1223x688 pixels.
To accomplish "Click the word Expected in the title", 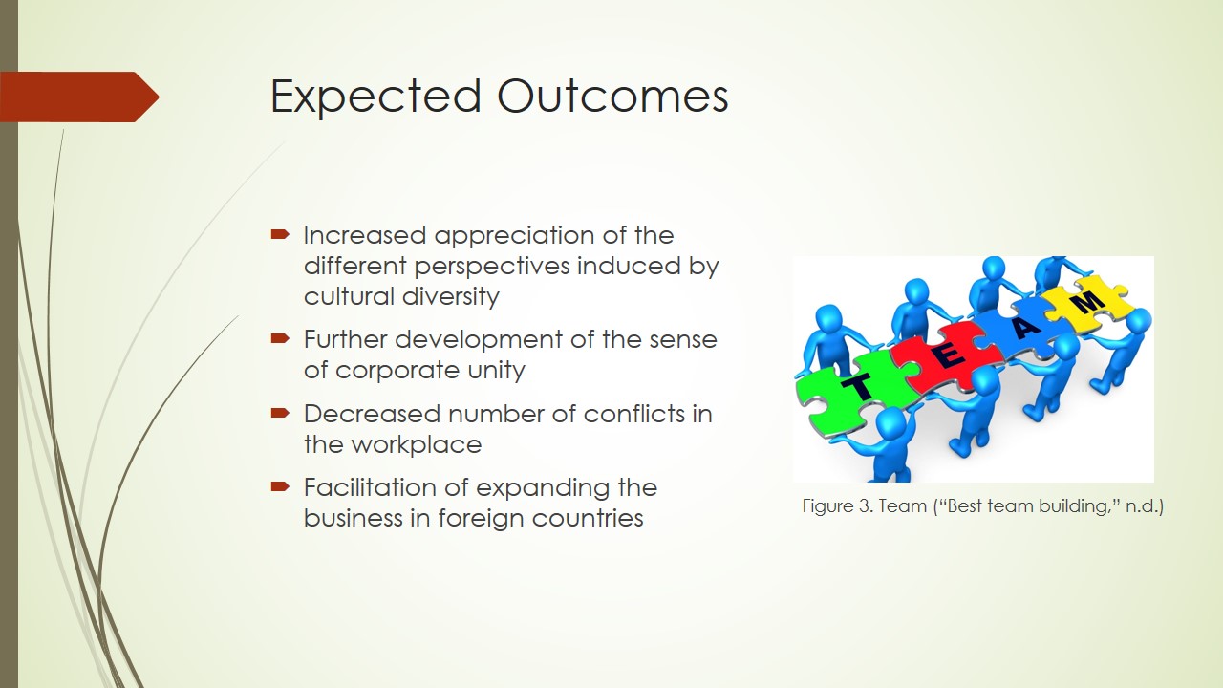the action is [x=375, y=97].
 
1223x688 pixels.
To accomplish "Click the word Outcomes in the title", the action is [x=612, y=96].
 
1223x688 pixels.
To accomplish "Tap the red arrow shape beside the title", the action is [x=79, y=97].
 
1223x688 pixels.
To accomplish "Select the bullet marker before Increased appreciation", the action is [x=280, y=235].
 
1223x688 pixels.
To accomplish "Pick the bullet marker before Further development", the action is [x=280, y=339].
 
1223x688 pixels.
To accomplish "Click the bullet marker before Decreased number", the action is [x=280, y=414].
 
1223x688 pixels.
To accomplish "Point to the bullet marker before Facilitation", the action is [x=280, y=486].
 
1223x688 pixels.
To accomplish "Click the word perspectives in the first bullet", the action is [x=492, y=267].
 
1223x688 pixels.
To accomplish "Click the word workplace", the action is [x=416, y=445].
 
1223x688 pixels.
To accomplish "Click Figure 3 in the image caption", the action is [x=838, y=506].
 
